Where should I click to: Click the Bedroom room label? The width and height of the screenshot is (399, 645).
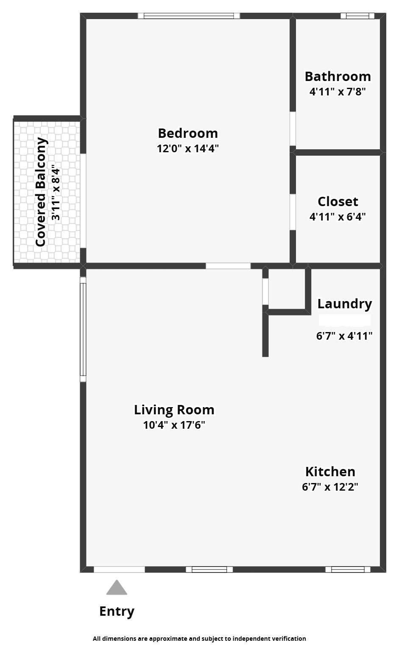click(x=188, y=133)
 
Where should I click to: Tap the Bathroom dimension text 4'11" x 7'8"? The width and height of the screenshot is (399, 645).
click(x=338, y=92)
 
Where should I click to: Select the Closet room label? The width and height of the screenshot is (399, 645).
click(x=338, y=201)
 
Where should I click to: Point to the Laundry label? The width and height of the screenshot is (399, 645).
click(x=344, y=304)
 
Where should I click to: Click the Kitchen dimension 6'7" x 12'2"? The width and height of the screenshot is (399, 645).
click(x=330, y=487)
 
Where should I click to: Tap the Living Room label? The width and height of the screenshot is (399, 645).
click(x=174, y=410)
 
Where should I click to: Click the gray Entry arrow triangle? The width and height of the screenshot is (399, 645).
click(x=117, y=588)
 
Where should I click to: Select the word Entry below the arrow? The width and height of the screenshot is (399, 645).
click(x=117, y=611)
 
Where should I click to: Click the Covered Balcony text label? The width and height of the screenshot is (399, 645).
click(x=41, y=192)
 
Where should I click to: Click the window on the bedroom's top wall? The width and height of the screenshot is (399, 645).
click(x=189, y=16)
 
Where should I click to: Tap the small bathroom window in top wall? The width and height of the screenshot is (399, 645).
click(x=357, y=16)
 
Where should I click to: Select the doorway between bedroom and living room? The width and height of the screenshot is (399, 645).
click(x=228, y=266)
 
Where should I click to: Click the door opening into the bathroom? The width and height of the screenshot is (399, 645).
click(x=293, y=128)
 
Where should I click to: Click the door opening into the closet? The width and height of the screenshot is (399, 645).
click(x=293, y=212)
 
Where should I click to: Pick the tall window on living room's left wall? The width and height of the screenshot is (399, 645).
click(x=83, y=329)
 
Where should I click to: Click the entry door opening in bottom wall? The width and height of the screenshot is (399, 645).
click(x=119, y=570)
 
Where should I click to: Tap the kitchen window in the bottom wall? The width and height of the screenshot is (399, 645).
click(x=348, y=570)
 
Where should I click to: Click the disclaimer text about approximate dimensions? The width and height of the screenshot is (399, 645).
click(x=199, y=638)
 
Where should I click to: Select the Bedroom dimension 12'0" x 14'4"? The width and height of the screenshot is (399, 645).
click(x=188, y=148)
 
